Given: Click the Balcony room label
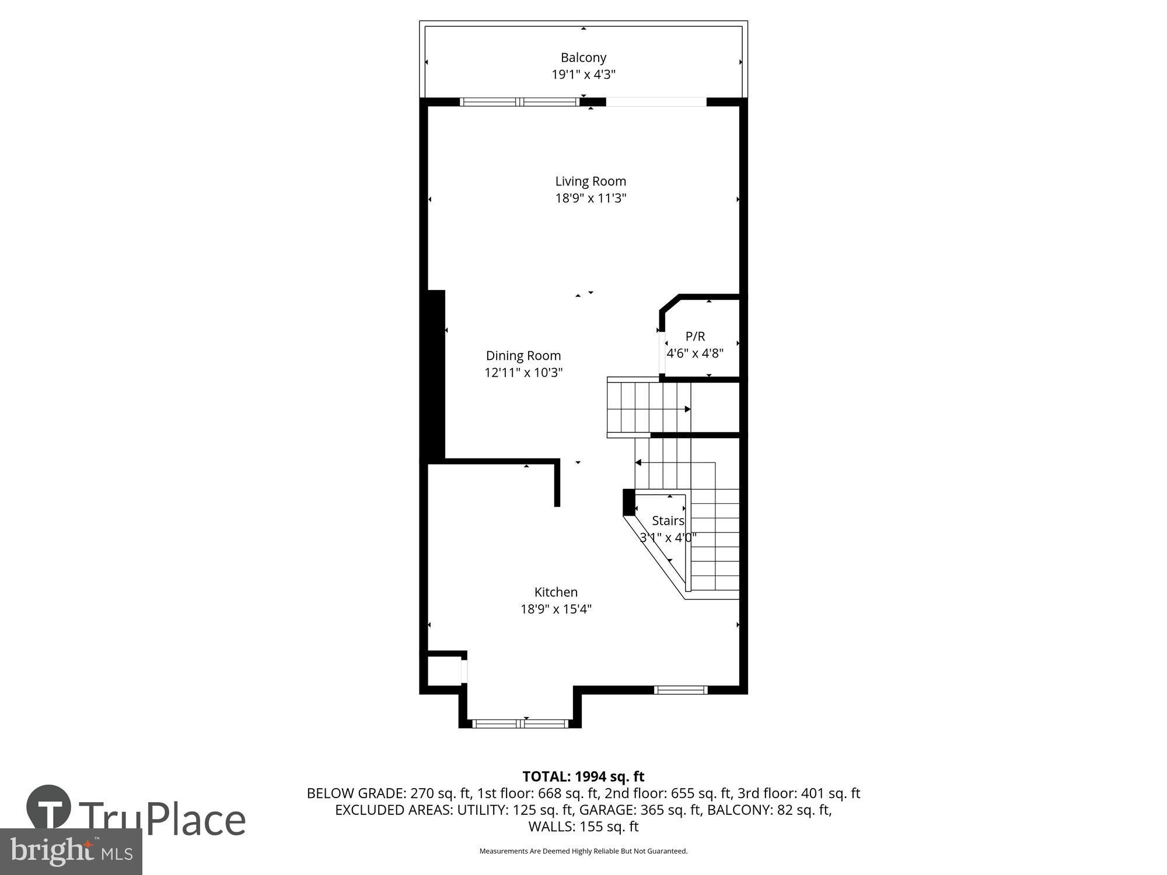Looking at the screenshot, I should (583, 58).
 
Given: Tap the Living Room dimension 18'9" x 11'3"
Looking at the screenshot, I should (591, 198).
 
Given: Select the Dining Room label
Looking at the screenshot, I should (523, 356).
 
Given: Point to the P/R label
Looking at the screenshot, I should (695, 337).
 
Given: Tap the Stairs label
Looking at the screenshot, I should (668, 521).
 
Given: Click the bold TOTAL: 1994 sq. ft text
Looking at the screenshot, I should (583, 776).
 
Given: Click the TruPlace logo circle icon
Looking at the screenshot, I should (49, 807).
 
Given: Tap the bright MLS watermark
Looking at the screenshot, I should (71, 852).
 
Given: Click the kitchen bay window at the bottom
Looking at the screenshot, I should (520, 724).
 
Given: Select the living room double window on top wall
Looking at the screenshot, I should (519, 102).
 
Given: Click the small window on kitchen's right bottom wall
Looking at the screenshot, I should (680, 690).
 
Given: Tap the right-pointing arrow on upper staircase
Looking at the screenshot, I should (687, 409).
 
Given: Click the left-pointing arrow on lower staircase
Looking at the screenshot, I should (638, 463).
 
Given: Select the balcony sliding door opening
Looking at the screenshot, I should (656, 102).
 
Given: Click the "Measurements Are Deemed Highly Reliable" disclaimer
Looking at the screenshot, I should (583, 851).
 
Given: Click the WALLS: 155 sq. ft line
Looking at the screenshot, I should (583, 827).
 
